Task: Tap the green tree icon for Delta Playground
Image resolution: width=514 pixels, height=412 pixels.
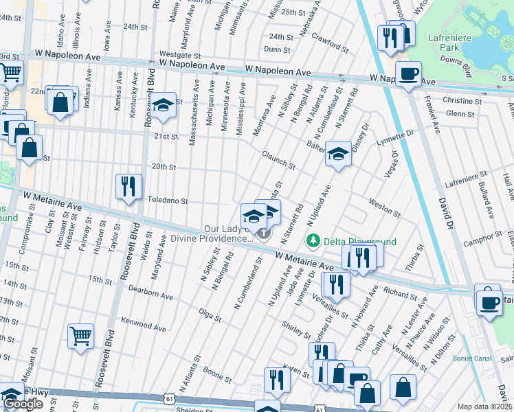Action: click(x=313, y=241)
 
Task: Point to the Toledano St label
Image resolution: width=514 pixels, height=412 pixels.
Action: click(x=168, y=201)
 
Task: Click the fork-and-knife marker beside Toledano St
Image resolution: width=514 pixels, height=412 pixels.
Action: click(x=128, y=186)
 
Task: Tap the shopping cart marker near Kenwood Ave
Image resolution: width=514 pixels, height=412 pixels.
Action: click(x=80, y=336)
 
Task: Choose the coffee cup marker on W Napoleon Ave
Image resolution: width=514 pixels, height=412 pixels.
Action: click(x=407, y=73)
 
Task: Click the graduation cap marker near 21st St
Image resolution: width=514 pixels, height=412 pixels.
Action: click(x=163, y=106)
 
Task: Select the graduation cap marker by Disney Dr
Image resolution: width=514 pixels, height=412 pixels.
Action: click(x=337, y=155)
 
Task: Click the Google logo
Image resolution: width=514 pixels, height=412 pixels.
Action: click(x=23, y=404)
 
